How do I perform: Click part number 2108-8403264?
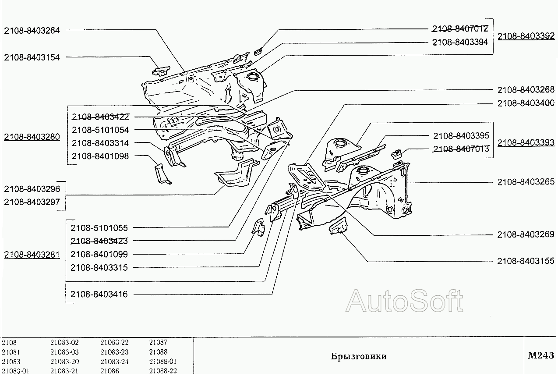(32, 30)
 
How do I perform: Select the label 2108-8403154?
(32, 57)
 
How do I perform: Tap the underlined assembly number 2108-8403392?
(526, 36)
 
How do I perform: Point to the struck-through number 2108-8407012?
(460, 29)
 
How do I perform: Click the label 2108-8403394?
(460, 43)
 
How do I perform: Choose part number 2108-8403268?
(526, 90)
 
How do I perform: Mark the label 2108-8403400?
(526, 103)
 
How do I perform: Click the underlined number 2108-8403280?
(32, 137)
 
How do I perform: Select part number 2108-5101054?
(100, 130)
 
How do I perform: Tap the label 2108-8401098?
(100, 156)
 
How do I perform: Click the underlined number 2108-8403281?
(32, 255)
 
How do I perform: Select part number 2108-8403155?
(526, 261)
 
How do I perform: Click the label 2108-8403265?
(526, 182)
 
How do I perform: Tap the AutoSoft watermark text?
(404, 302)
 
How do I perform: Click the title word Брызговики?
(358, 356)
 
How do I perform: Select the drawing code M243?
(540, 356)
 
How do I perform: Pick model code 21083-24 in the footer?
(115, 362)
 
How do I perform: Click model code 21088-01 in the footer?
(162, 362)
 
